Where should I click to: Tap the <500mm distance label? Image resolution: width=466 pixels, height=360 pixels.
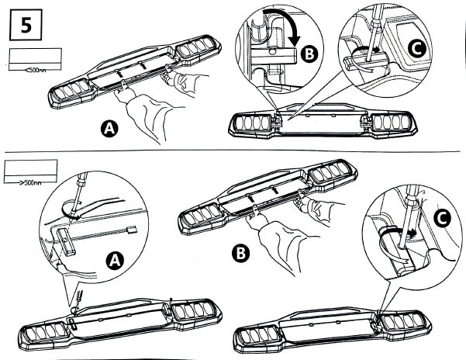tap(35, 70)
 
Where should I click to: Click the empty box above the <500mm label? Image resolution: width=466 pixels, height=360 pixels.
tap(34, 56)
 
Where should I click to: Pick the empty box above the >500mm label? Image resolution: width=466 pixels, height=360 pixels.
tap(30, 170)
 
